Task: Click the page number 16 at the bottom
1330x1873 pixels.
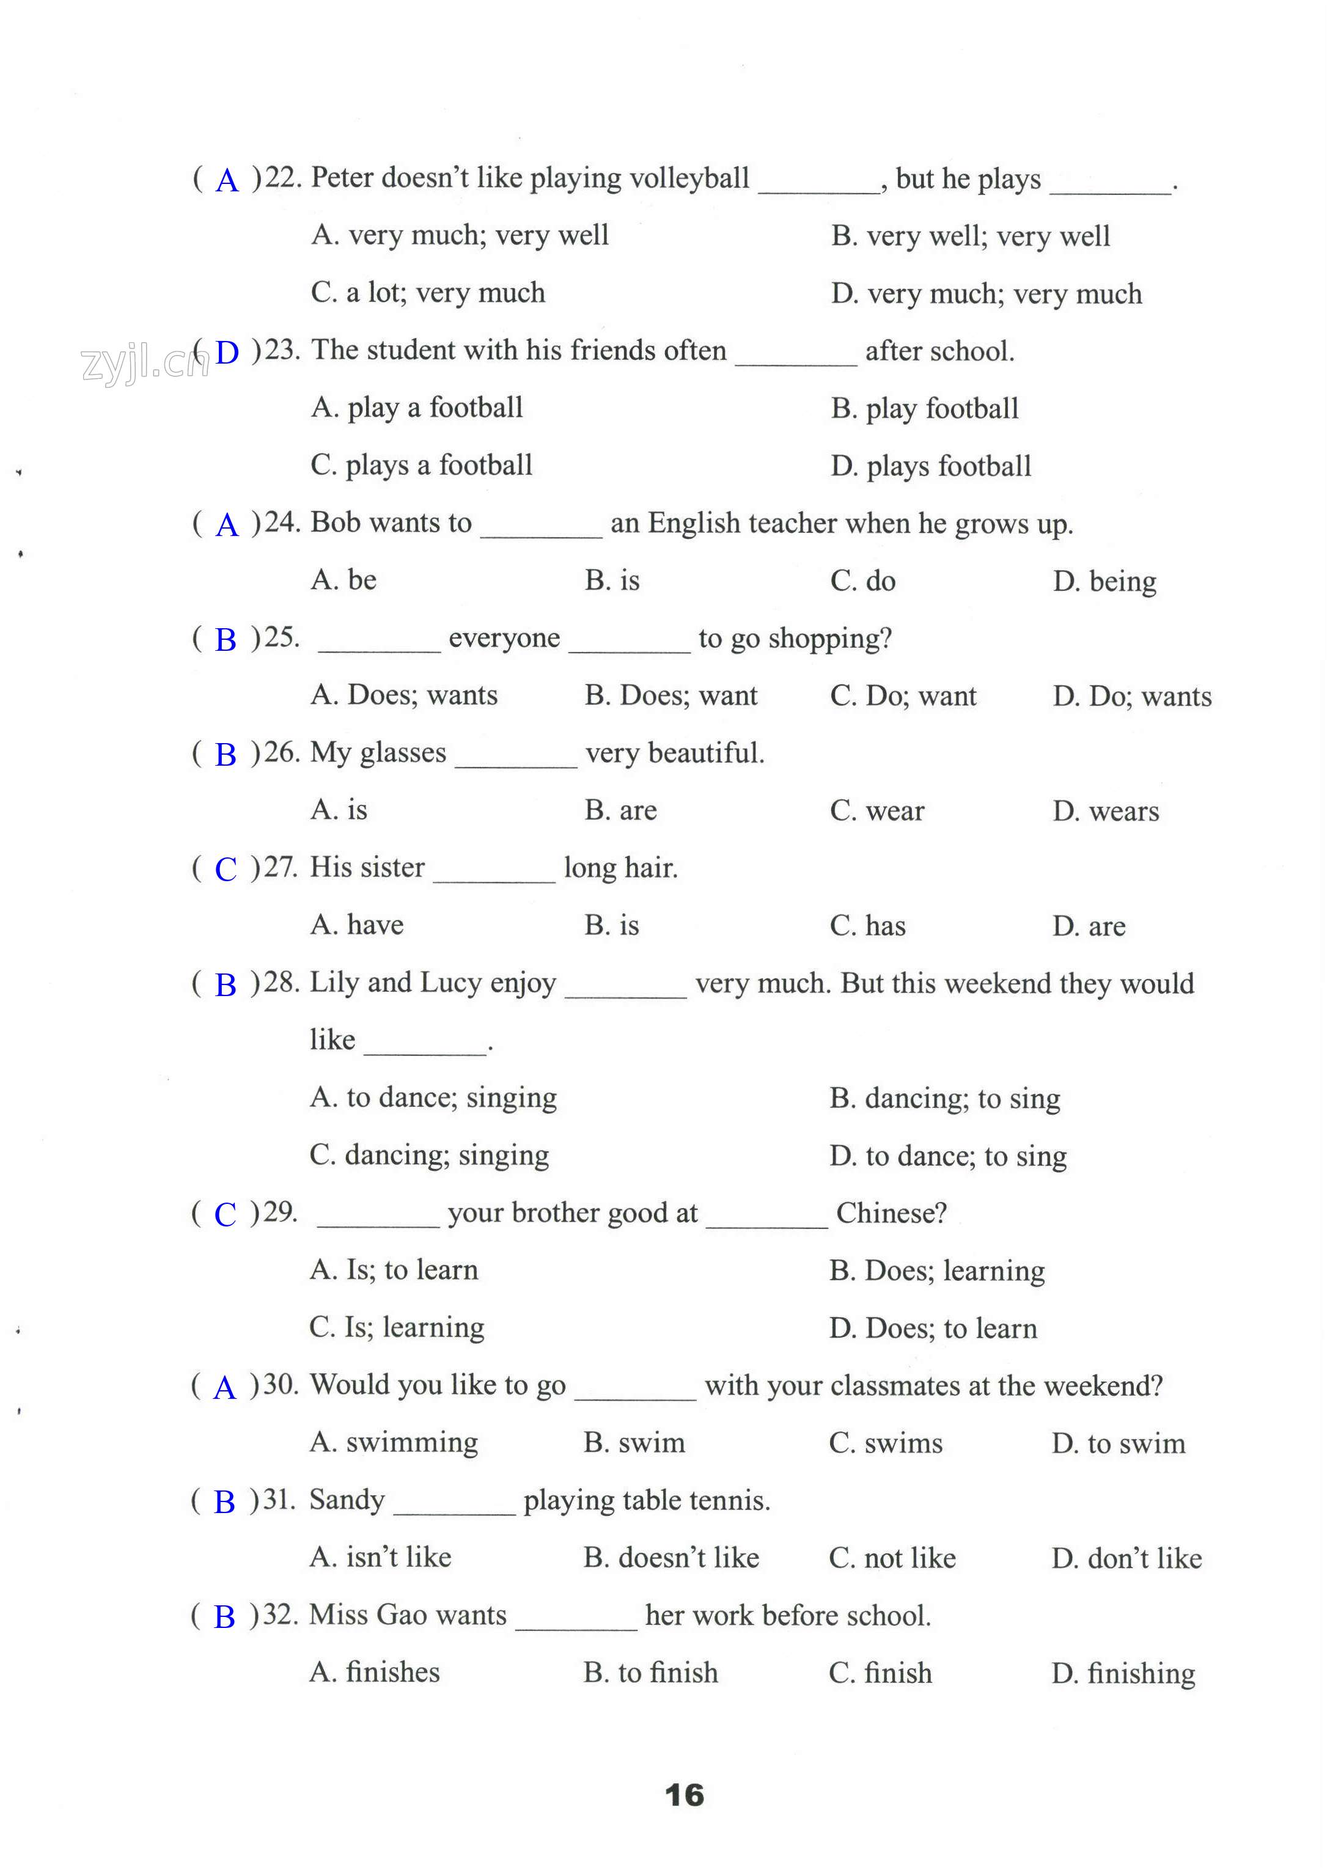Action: [x=684, y=1795]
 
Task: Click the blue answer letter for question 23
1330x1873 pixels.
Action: [x=227, y=353]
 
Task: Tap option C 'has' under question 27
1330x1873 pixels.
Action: [x=867, y=926]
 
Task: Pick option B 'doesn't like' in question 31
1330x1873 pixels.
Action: [x=671, y=1558]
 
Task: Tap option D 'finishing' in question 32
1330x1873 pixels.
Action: [x=1123, y=1673]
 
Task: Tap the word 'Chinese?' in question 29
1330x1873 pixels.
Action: [x=891, y=1213]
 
